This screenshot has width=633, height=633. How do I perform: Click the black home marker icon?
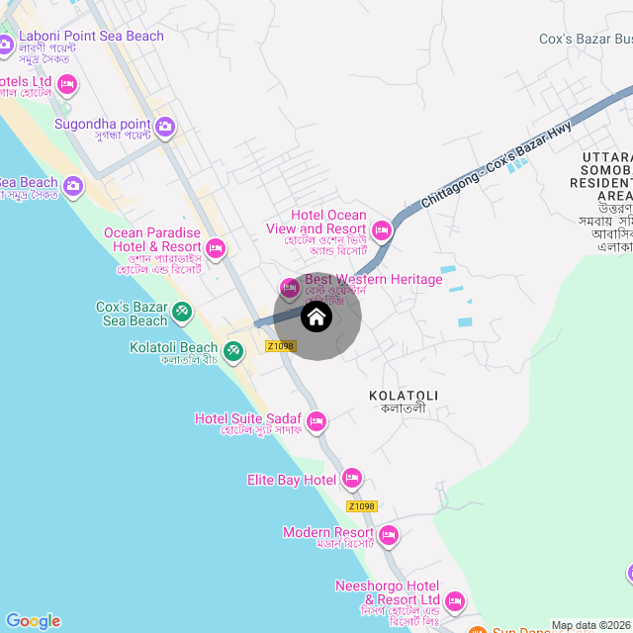click(x=316, y=317)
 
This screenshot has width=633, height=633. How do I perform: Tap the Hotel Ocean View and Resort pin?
click(x=382, y=230)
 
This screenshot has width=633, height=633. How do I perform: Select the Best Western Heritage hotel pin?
click(x=290, y=288)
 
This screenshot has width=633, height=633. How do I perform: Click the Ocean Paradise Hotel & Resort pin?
click(x=216, y=247)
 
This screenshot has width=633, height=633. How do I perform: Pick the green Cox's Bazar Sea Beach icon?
click(x=182, y=313)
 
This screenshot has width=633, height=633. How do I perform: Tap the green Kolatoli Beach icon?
click(x=232, y=351)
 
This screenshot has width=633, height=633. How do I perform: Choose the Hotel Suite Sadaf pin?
click(x=316, y=422)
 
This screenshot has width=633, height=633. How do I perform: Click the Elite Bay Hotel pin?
click(x=351, y=481)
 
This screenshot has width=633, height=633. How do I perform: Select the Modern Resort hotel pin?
click(x=389, y=536)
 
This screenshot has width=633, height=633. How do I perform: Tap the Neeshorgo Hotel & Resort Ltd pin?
click(x=455, y=600)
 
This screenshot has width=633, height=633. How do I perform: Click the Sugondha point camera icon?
click(x=164, y=126)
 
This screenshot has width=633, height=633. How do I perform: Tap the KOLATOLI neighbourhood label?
click(x=404, y=396)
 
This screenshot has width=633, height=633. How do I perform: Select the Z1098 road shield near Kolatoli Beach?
click(x=281, y=346)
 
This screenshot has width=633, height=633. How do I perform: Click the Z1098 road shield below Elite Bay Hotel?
click(x=362, y=506)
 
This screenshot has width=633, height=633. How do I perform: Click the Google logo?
click(x=33, y=621)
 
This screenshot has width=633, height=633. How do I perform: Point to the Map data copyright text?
click(x=590, y=625)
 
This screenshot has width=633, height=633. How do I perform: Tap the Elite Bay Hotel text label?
click(x=292, y=481)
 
